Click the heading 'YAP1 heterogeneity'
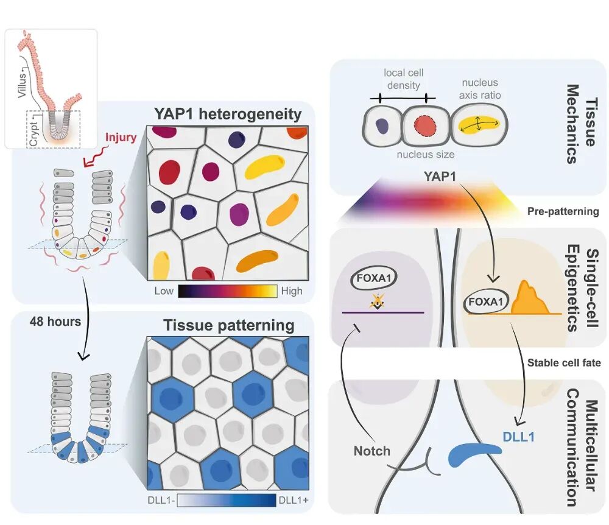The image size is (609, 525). pyautogui.click(x=228, y=114)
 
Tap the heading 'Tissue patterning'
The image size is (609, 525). pyautogui.click(x=229, y=325)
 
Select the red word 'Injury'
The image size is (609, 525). pyautogui.click(x=121, y=138)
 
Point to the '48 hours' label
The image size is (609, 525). pyautogui.click(x=55, y=322)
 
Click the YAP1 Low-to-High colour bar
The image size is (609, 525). pyautogui.click(x=228, y=291)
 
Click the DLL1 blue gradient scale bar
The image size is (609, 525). pyautogui.click(x=227, y=500)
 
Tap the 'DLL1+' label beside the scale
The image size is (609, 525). pyautogui.click(x=294, y=500)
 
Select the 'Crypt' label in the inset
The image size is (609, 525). pyautogui.click(x=33, y=133)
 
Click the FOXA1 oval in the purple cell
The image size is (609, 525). pyautogui.click(x=374, y=278)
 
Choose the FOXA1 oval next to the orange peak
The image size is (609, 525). pyautogui.click(x=486, y=301)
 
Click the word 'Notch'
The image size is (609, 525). pyautogui.click(x=371, y=451)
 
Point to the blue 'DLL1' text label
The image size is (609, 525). pyautogui.click(x=518, y=437)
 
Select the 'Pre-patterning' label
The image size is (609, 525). pyautogui.click(x=563, y=211)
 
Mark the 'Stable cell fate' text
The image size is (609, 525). pyautogui.click(x=564, y=362)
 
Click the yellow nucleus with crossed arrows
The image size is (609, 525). pyautogui.click(x=479, y=125)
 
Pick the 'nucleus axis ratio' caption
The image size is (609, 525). pyautogui.click(x=480, y=89)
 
